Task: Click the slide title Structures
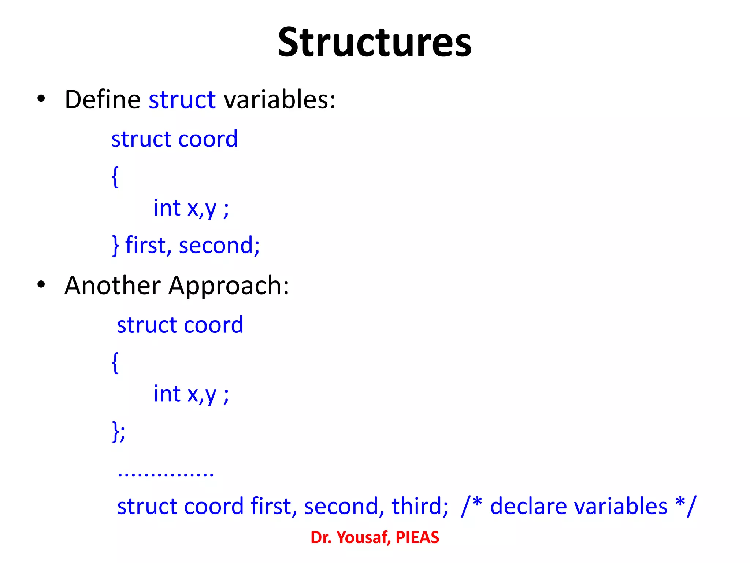click(x=374, y=43)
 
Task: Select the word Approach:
click(x=229, y=286)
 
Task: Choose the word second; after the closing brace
click(x=219, y=245)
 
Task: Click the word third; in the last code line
click(x=420, y=506)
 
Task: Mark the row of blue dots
click(x=166, y=475)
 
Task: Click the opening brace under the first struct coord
click(x=115, y=177)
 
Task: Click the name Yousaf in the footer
click(x=364, y=537)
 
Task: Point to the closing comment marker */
click(x=686, y=505)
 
